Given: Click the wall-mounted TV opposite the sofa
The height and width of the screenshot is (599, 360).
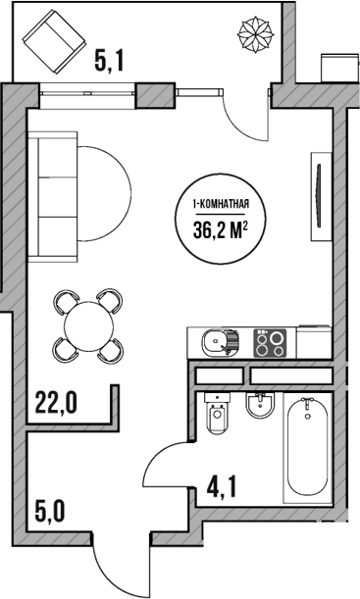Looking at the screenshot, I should coord(318,194).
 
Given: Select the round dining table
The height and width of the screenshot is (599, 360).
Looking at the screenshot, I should coord(88,323).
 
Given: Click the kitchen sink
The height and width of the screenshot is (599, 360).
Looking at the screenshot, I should coord(216,343).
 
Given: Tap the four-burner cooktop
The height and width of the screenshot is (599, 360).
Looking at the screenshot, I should coord(272,343).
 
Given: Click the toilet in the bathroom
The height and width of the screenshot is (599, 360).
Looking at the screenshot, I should coord(219,419).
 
